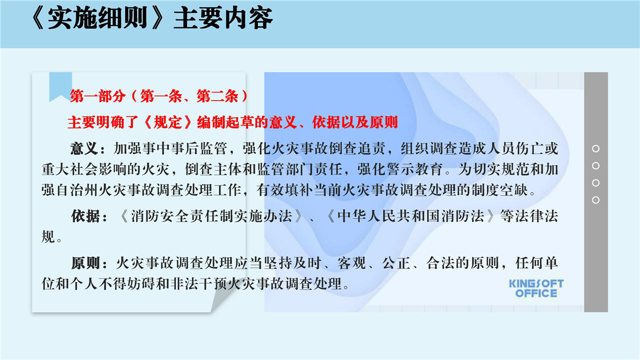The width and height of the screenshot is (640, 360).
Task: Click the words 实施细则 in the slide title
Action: click(97, 18)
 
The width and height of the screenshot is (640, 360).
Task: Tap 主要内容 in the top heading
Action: click(223, 18)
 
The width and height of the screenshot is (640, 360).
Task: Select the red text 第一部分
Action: click(97, 96)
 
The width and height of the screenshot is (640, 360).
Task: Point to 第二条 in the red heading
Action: click(217, 96)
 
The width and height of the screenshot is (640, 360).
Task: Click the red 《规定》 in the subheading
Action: click(167, 122)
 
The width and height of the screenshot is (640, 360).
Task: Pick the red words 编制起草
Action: click(225, 122)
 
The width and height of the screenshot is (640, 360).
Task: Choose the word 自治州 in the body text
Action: click(77, 190)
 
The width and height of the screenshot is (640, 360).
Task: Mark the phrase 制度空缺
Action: click(499, 190)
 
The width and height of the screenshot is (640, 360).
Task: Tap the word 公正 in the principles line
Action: click(396, 263)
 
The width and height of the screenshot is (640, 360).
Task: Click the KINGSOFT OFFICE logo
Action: click(536, 288)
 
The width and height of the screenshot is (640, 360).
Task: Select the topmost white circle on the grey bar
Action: click(595, 148)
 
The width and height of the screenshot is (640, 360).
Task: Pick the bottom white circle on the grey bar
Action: click(595, 200)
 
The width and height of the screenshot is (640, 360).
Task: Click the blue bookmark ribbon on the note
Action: click(60, 85)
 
